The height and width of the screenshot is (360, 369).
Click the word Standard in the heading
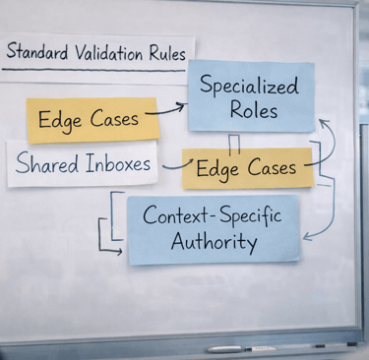(39, 52)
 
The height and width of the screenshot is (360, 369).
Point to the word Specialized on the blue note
(251, 86)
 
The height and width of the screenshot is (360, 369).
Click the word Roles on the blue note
(251, 110)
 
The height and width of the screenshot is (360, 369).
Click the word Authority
(213, 241)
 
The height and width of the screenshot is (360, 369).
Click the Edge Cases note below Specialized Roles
(247, 168)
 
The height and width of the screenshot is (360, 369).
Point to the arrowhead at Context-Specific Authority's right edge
(304, 237)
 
